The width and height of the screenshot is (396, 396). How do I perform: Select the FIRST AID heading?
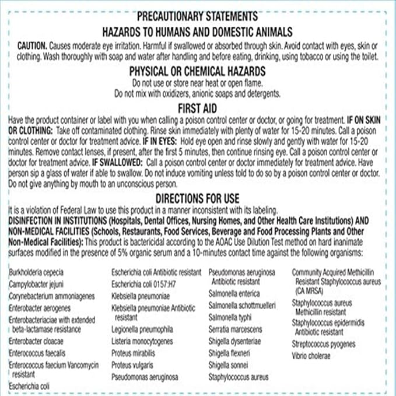pyautogui.click(x=198, y=107)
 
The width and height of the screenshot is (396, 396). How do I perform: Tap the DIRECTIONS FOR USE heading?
pyautogui.click(x=198, y=198)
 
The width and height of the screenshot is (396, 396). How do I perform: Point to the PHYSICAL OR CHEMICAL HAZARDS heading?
pyautogui.click(x=198, y=71)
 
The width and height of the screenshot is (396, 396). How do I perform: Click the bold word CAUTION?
pyautogui.click(x=32, y=45)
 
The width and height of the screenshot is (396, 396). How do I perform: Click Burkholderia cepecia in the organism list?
pyautogui.click(x=36, y=272)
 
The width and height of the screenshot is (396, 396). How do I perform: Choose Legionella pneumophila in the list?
pyautogui.click(x=142, y=329)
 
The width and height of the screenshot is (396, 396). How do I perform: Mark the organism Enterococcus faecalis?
pyautogui.click(x=37, y=353)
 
